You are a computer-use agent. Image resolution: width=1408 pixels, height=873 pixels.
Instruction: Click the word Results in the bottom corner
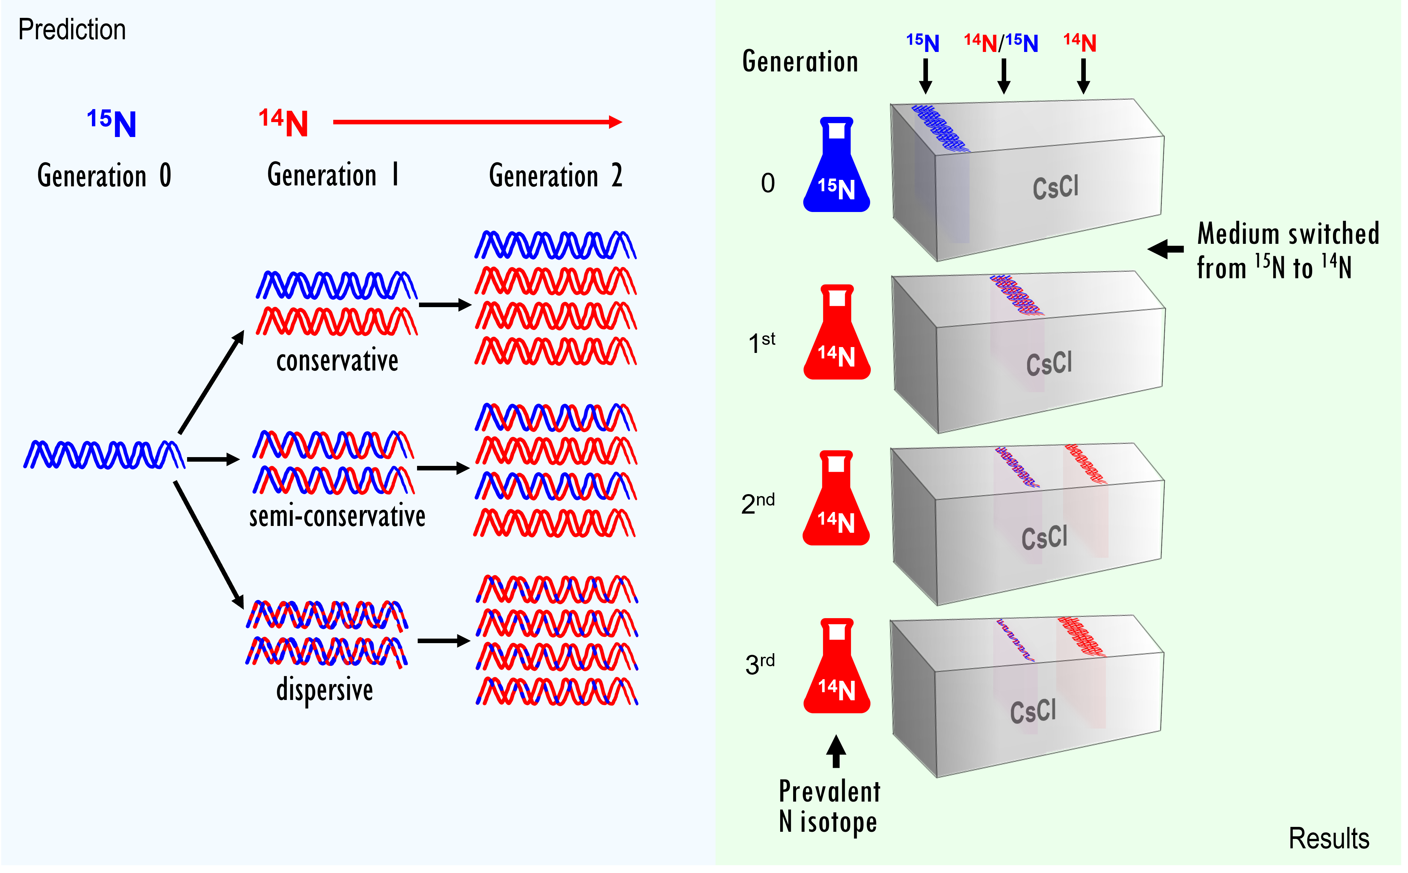[x=1328, y=838]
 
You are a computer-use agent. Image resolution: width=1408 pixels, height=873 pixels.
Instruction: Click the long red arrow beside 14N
[x=476, y=122]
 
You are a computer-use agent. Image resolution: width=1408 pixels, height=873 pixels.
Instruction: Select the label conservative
[x=337, y=361]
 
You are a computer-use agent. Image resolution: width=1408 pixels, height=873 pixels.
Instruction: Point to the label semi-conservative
[x=337, y=516]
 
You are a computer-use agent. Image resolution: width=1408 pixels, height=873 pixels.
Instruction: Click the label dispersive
[x=324, y=690]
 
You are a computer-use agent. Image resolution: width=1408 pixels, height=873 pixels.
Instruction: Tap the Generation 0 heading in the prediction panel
[x=104, y=176]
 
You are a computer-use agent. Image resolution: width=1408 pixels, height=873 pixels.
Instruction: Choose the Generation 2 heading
[x=556, y=176]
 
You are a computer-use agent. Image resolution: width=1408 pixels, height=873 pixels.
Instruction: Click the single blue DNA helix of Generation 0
[x=104, y=455]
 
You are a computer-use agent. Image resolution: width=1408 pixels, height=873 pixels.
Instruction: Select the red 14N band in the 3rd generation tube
[x=1081, y=637]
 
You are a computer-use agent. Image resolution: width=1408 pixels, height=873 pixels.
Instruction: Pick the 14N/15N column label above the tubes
[x=1001, y=43]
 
